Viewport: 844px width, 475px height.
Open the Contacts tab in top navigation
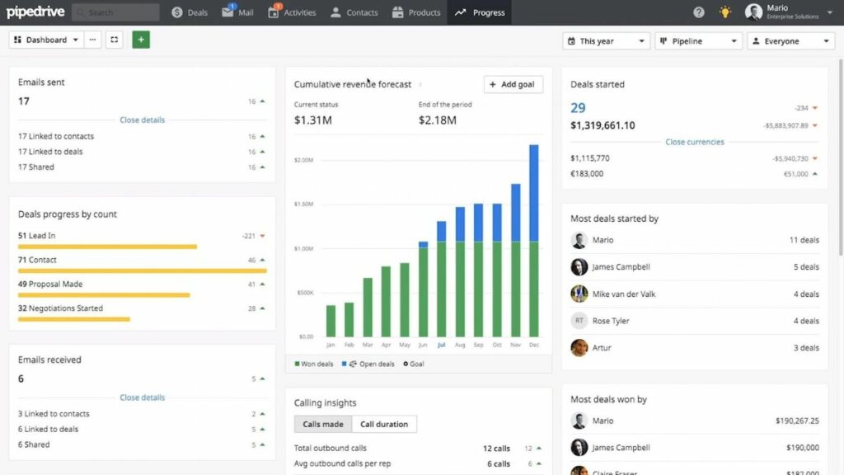pyautogui.click(x=354, y=12)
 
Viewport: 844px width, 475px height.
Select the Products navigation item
pyautogui.click(x=416, y=12)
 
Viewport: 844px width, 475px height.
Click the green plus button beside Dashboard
pyautogui.click(x=141, y=40)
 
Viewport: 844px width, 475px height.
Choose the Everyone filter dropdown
pyautogui.click(x=790, y=41)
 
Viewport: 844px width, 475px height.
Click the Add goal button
pyautogui.click(x=513, y=84)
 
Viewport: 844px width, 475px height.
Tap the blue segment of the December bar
pyautogui.click(x=534, y=192)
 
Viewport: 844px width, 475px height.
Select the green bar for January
pyautogui.click(x=331, y=320)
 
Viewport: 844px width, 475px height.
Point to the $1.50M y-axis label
pyautogui.click(x=304, y=204)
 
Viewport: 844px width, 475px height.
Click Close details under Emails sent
pyautogui.click(x=142, y=120)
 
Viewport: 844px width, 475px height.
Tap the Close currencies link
pyautogui.click(x=694, y=142)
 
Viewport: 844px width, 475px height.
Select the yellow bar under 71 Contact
pyautogui.click(x=142, y=270)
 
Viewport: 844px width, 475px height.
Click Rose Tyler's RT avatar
pyautogui.click(x=579, y=321)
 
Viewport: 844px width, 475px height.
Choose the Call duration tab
pyautogui.click(x=384, y=424)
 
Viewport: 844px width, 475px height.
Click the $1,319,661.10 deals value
pyautogui.click(x=603, y=125)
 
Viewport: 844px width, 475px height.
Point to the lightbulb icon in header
pyautogui.click(x=724, y=12)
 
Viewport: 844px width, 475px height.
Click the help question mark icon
pyautogui.click(x=699, y=12)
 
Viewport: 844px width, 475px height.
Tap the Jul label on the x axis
pyautogui.click(x=441, y=345)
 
